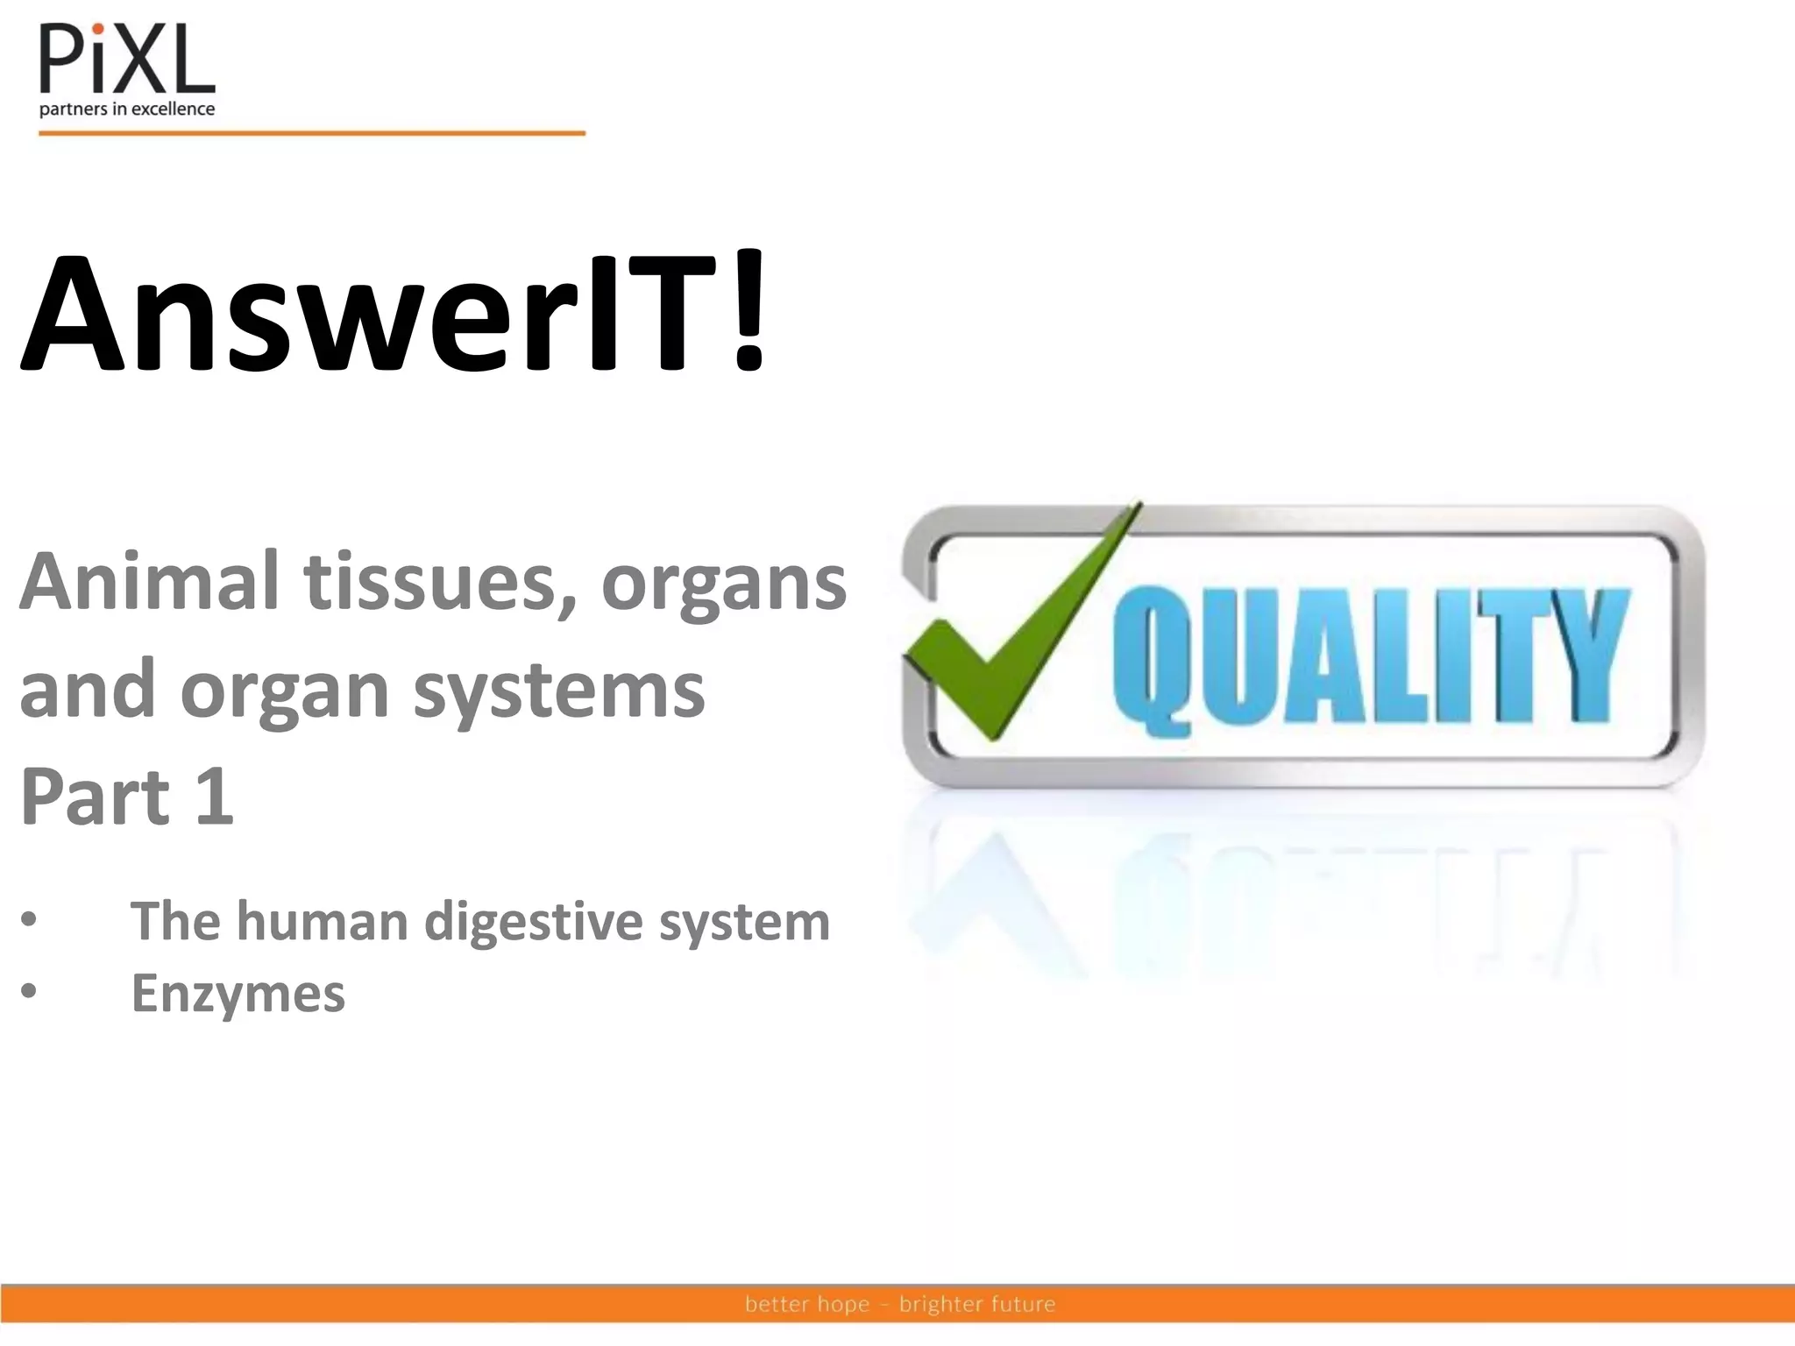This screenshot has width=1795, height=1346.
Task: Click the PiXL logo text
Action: point(127,60)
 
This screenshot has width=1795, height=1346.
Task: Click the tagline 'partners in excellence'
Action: point(127,110)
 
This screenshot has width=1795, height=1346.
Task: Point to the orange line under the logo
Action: point(311,133)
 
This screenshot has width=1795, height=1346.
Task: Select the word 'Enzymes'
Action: point(238,994)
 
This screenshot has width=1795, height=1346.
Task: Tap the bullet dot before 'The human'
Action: point(30,920)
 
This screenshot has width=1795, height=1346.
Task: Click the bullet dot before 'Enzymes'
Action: point(30,991)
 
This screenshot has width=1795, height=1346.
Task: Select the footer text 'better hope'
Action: point(806,1304)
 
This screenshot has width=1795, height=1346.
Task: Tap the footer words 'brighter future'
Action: point(976,1304)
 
